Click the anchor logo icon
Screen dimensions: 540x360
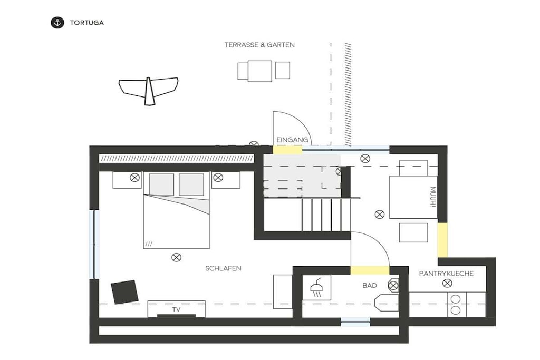pos(57,23)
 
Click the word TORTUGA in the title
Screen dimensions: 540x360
pos(87,23)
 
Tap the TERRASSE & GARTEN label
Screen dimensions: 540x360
pos(259,45)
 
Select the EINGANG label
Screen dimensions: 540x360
pos(292,140)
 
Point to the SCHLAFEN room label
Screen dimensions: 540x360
pos(223,268)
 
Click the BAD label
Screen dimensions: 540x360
pos(370,285)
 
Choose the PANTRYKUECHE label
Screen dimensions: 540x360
pos(446,274)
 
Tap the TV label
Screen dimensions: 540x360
pos(176,310)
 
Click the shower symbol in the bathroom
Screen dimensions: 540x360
pos(316,287)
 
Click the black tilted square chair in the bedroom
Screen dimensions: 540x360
pos(124,292)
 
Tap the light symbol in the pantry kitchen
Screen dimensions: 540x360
pos(447,283)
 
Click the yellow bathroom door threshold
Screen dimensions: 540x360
pos(370,270)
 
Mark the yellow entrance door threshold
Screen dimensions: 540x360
pos(287,150)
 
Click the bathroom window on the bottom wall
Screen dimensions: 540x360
pos(355,322)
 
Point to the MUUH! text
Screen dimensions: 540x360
pos(433,197)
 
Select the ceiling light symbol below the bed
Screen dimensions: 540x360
pos(176,257)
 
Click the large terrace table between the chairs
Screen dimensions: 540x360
pos(259,71)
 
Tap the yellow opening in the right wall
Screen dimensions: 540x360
pos(442,240)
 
